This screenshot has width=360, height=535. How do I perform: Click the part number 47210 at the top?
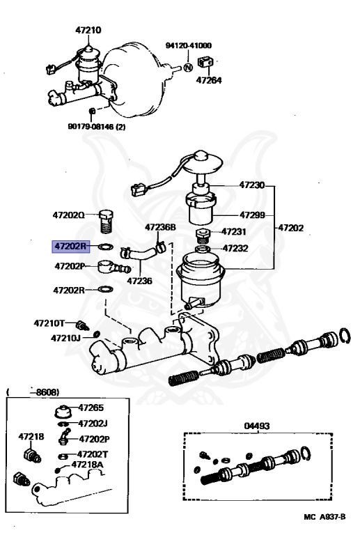coord(88,30)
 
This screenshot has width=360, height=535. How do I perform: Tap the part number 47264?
coord(208,80)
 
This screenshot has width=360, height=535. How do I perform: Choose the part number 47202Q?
coord(68,215)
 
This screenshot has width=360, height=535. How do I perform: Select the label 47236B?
coord(160,227)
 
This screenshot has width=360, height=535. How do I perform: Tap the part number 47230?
coord(252,185)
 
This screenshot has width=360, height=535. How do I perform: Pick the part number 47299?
coord(252,215)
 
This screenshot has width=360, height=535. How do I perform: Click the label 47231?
coord(235,232)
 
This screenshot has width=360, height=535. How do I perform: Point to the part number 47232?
coord(235,248)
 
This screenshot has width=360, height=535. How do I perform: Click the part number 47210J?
coord(65,338)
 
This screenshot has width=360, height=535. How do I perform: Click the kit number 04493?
coord(257,426)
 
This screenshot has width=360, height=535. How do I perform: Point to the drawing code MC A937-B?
coord(328,518)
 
